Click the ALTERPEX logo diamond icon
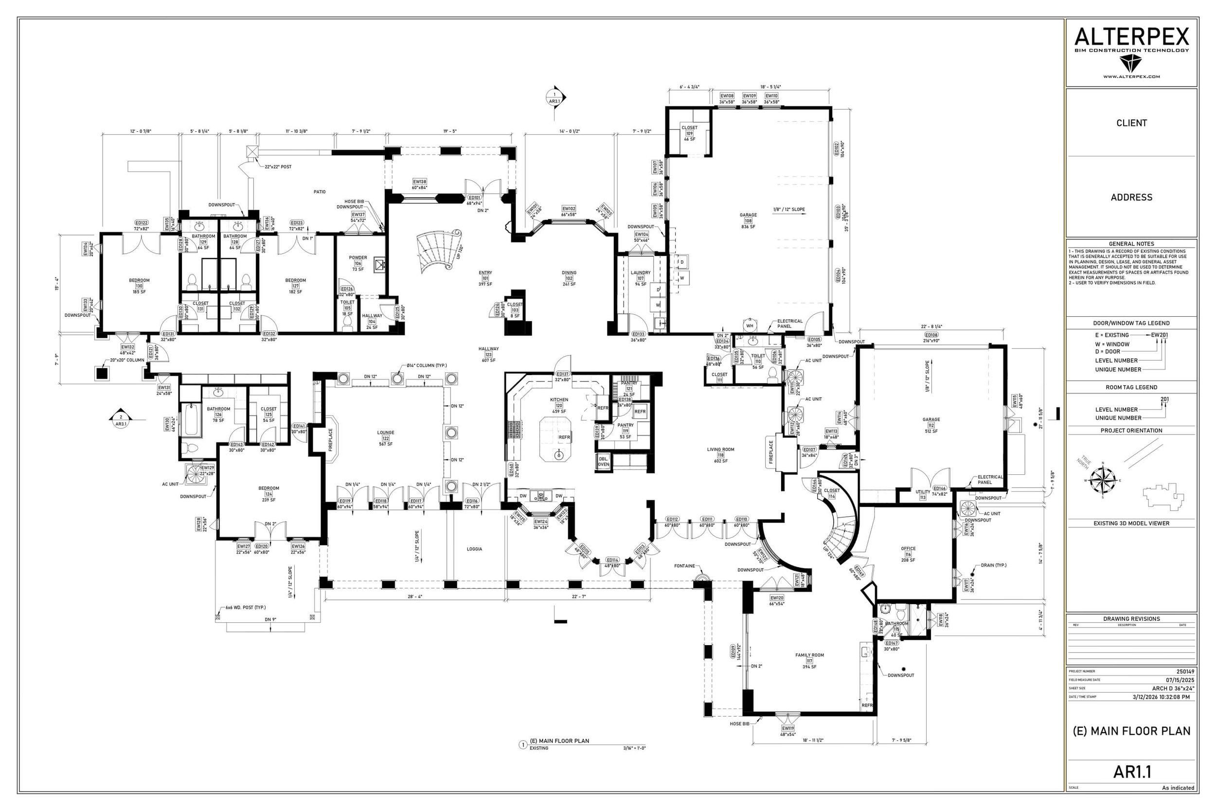coord(1131,64)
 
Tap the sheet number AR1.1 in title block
coord(1132,772)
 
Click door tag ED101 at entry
coord(474,198)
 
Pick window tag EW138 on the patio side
coord(419,181)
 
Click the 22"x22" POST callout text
coord(278,167)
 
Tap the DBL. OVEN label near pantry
coord(603,461)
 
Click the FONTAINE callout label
coord(684,566)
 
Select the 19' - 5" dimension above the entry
coord(449,131)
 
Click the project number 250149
coord(1185,671)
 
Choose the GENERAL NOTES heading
coord(1131,244)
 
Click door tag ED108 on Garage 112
coord(931,335)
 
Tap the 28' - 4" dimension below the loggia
coord(414,596)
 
